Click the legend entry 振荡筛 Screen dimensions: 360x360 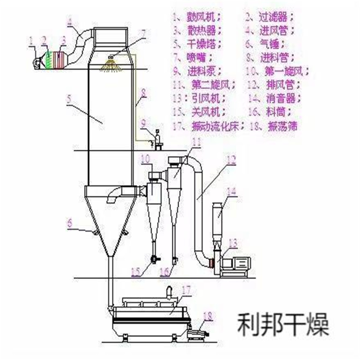click(280, 127)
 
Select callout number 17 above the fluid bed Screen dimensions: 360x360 click(186, 290)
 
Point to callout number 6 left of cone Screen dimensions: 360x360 click(70, 222)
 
